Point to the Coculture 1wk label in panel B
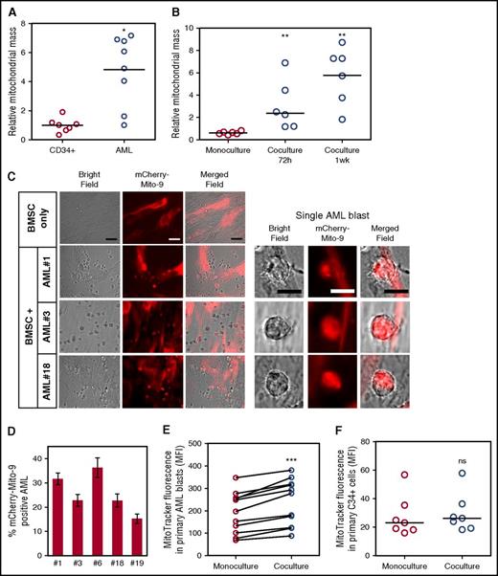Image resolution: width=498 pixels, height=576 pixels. point(369,151)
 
